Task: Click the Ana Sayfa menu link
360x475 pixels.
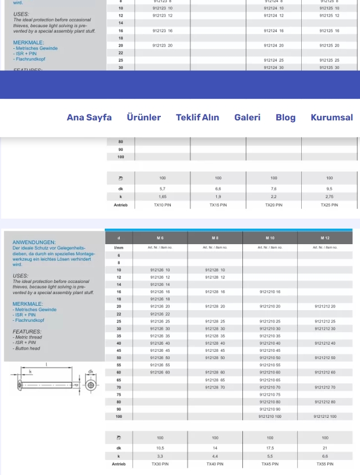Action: (89, 118)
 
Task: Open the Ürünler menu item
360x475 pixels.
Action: (144, 118)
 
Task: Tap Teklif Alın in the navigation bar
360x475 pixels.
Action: (197, 118)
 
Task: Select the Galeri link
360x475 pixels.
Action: (247, 118)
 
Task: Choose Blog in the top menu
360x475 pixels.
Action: (286, 118)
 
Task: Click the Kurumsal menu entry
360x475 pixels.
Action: (332, 118)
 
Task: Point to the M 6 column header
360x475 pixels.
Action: (160, 238)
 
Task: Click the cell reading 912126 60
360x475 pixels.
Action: (160, 372)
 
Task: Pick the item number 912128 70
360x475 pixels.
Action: (215, 387)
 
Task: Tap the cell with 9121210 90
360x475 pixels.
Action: (270, 409)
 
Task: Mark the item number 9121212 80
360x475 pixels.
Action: (325, 402)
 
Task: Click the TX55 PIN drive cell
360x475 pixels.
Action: (325, 464)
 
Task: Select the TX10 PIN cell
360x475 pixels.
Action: (163, 205)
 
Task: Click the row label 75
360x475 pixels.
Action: (119, 395)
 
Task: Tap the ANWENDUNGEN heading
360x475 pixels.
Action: (34, 242)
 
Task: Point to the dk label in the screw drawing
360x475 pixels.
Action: (91, 372)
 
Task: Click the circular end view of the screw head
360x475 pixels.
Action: (90, 385)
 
